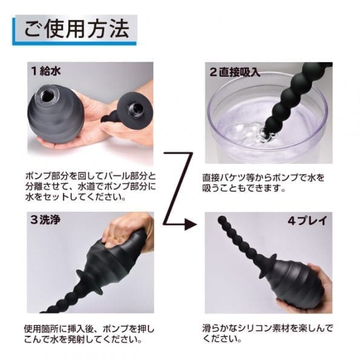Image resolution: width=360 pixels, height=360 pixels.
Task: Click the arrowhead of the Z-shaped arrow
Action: tap(192, 224)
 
